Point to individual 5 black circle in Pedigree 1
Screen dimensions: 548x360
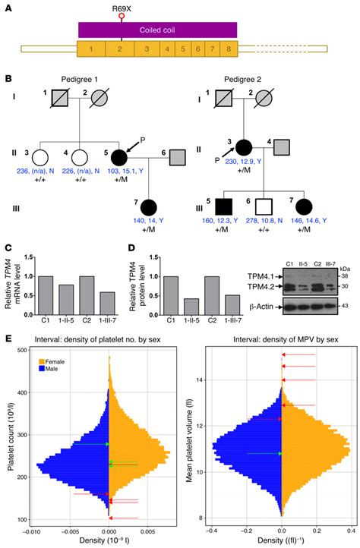tap(118, 159)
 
